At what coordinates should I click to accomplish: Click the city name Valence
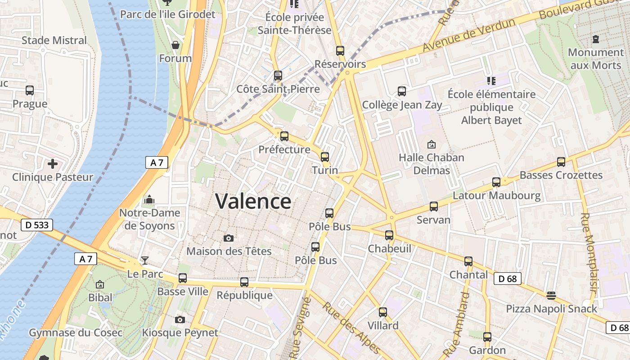[253, 201]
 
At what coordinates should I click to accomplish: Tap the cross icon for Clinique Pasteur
[53, 163]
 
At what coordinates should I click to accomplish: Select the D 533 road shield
[37, 225]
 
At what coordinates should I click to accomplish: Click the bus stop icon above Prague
[30, 90]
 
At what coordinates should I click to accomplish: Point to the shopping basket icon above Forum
[175, 45]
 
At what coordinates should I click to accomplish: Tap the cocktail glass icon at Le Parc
[144, 260]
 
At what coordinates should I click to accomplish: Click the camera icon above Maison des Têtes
[229, 238]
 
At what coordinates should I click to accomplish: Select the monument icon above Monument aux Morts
[596, 39]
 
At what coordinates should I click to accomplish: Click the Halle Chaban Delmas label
[432, 164]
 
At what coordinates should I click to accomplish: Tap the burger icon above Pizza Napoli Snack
[551, 295]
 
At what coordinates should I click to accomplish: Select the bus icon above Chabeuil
[389, 235]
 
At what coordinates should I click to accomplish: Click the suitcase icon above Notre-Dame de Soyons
[149, 199]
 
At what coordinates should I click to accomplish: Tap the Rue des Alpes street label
[351, 327]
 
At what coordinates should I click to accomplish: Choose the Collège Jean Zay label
[402, 105]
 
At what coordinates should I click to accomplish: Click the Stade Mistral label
[54, 40]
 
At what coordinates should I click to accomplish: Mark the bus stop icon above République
[244, 282]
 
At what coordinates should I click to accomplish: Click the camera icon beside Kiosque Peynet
[180, 319]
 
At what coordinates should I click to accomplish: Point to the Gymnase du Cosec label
[76, 333]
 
